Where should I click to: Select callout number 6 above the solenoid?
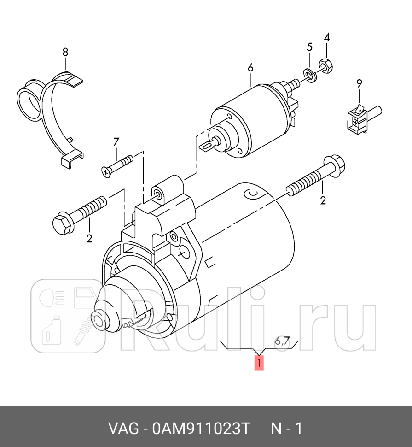click(250, 68)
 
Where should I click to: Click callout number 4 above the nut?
click(327, 37)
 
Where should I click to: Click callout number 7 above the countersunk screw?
click(116, 141)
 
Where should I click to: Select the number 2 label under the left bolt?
click(89, 238)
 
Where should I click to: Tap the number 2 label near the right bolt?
click(323, 200)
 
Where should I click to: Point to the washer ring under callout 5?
click(310, 75)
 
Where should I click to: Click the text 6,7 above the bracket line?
click(282, 341)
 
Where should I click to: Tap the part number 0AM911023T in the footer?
click(203, 429)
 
